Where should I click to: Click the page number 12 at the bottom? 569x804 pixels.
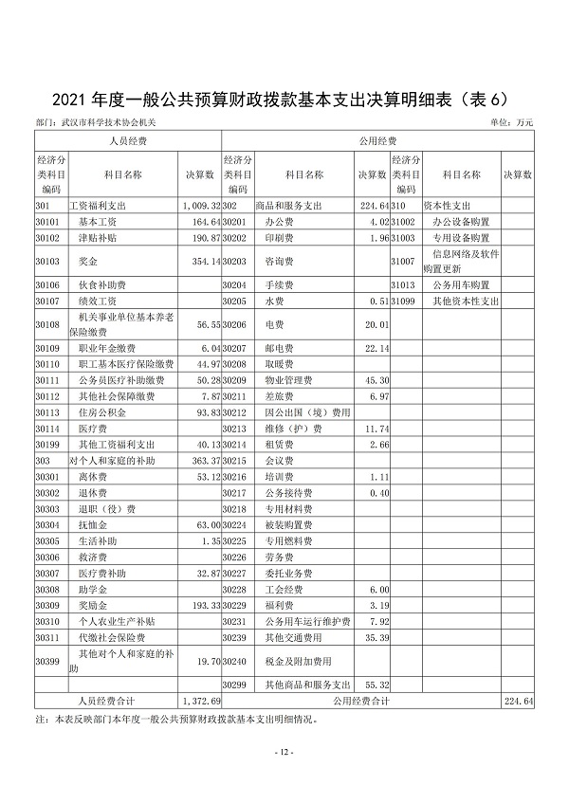click(284, 752)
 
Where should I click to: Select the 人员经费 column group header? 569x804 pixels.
click(127, 140)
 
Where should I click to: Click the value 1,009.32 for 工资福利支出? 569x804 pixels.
click(201, 205)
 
